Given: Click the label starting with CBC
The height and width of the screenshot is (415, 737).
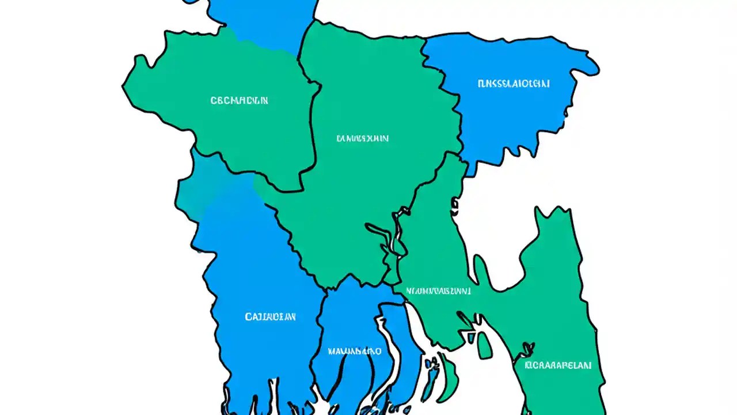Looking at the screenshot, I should [239, 101].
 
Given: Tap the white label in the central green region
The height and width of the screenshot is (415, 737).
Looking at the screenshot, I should [362, 138].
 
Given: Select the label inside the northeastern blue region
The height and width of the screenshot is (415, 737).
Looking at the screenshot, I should [514, 84].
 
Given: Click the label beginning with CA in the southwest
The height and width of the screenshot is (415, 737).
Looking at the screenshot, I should [270, 317].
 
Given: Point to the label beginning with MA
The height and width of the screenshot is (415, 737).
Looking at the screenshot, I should [354, 350].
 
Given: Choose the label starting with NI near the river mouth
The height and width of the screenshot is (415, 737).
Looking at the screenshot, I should [439, 291].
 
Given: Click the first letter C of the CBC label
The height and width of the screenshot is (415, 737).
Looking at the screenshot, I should [214, 101].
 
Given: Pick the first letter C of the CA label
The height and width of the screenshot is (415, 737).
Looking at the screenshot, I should [248, 317].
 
